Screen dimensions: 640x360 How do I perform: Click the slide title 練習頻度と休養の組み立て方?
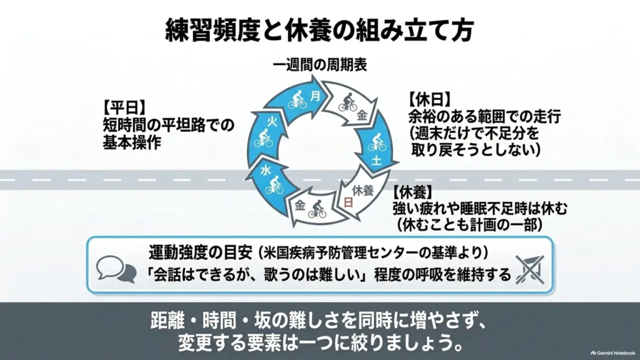(x=319, y=30)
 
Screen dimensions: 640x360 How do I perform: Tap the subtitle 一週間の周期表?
(x=320, y=65)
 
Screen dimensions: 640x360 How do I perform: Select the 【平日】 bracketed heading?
(x=124, y=107)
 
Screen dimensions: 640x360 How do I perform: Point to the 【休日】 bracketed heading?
(x=430, y=99)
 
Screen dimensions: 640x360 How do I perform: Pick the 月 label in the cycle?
(x=315, y=96)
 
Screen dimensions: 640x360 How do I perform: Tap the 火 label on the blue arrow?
(x=272, y=121)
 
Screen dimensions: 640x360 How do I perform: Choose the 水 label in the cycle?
(x=266, y=171)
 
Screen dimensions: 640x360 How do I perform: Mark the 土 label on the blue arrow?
(x=376, y=160)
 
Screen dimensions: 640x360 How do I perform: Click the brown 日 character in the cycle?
(x=348, y=202)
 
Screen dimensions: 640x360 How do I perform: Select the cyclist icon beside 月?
(x=297, y=100)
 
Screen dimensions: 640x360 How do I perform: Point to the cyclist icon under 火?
(x=263, y=138)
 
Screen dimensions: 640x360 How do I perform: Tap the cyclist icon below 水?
(x=274, y=185)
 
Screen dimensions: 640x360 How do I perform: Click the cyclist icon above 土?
(x=376, y=141)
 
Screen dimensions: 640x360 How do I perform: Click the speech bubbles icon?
(x=116, y=269)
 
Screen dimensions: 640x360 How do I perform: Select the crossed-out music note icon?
(x=530, y=270)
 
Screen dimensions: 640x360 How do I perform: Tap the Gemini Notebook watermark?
(x=613, y=353)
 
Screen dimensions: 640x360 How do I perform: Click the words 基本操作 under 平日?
(x=132, y=142)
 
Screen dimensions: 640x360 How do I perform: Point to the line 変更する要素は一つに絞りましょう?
(x=321, y=343)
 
